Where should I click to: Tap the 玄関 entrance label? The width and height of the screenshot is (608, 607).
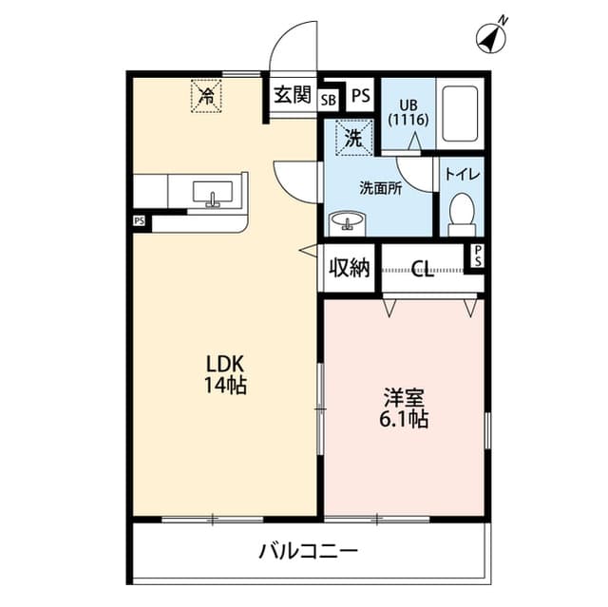click(x=293, y=94)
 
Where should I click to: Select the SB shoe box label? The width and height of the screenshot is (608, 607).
click(x=328, y=97)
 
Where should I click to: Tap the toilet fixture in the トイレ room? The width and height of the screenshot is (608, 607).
click(x=462, y=213)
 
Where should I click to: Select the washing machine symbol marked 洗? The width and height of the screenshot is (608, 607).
click(x=351, y=138)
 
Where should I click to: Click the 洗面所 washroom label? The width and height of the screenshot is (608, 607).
click(x=380, y=188)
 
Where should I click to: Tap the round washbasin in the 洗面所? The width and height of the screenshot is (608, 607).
click(x=347, y=223)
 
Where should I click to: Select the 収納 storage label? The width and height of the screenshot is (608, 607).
click(x=348, y=269)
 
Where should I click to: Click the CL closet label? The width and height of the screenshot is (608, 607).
click(x=423, y=270)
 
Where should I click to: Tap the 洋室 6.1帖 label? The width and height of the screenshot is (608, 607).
click(x=406, y=406)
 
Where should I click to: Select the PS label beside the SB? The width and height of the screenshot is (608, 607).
click(x=360, y=96)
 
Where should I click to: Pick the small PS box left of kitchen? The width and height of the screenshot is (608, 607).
click(x=140, y=222)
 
